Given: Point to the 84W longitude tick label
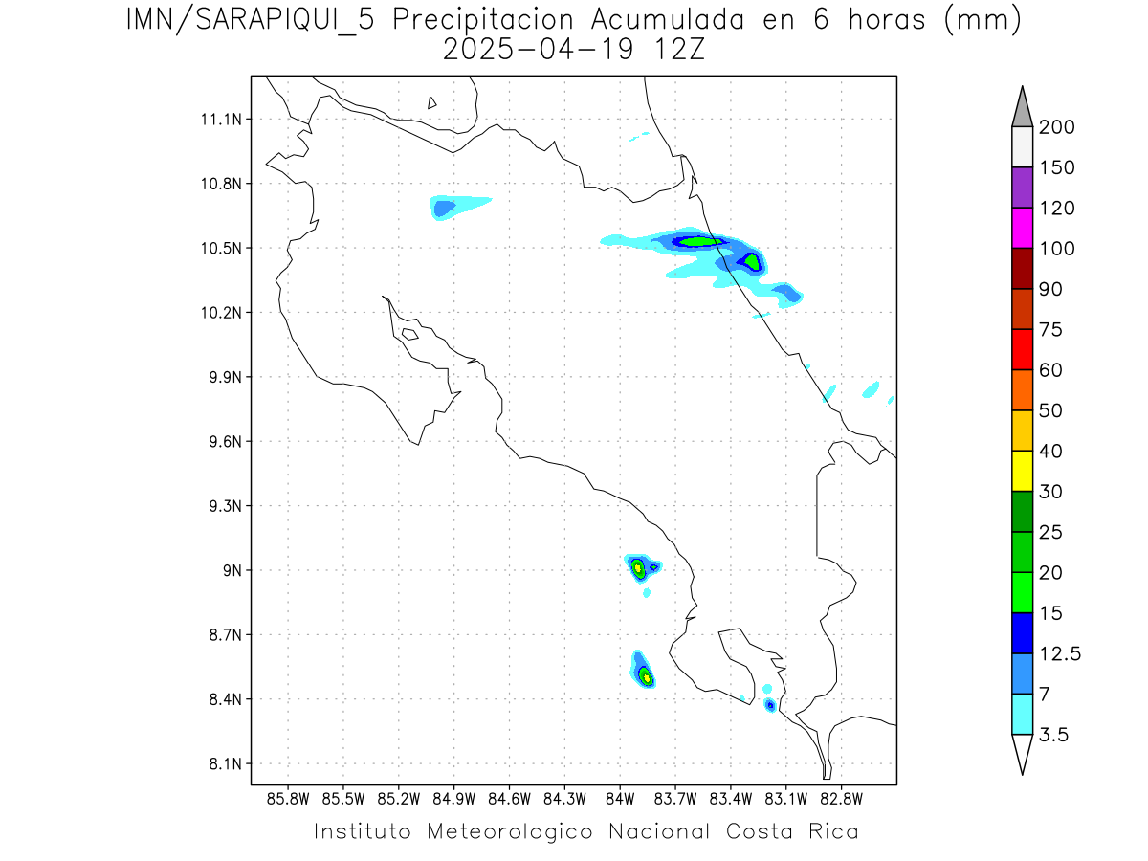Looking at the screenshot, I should click(x=620, y=798).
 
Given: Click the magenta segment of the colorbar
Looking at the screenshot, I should click(x=1022, y=229).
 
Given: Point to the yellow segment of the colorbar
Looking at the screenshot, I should click(x=1022, y=471).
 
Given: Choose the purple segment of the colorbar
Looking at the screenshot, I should click(x=1022, y=188).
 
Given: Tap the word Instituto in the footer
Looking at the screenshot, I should click(x=363, y=831).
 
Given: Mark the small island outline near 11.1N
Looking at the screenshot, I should click(x=432, y=102).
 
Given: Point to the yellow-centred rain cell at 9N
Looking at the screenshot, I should click(x=638, y=567).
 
